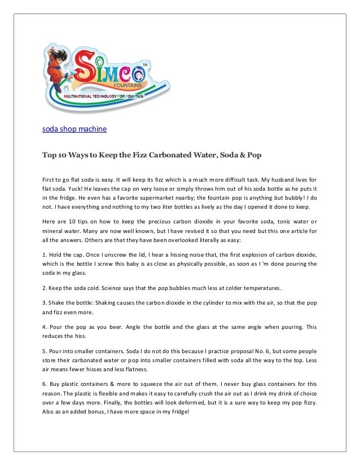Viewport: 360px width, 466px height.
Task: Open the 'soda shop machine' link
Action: tap(74, 129)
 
